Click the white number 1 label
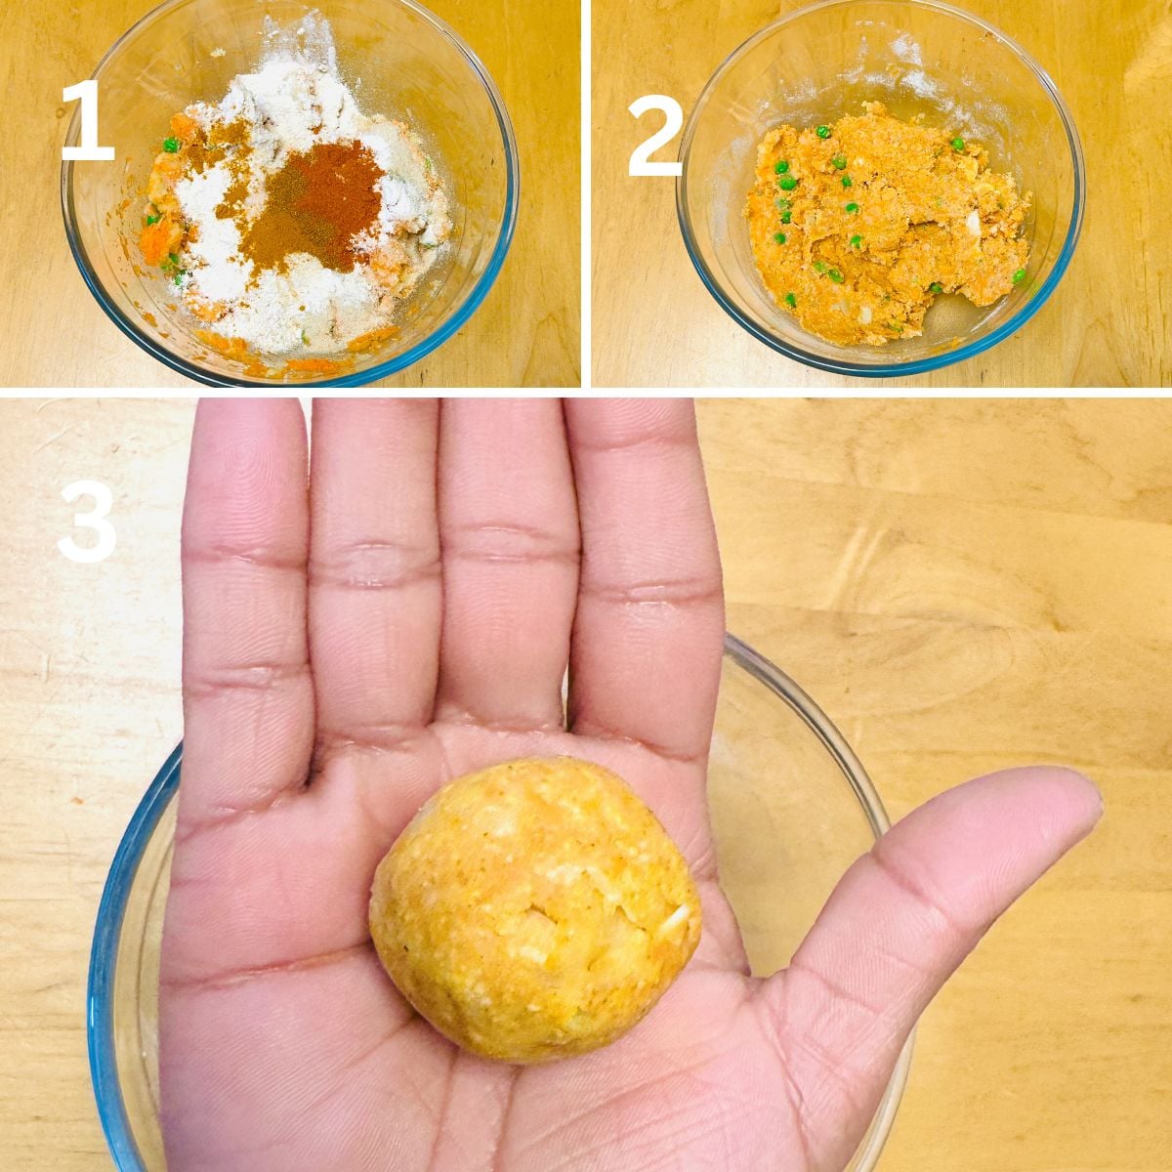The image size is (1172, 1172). [89, 120]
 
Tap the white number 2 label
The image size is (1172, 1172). [655, 135]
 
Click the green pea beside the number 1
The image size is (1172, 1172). [172, 145]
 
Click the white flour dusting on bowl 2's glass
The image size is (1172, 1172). [912, 61]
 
